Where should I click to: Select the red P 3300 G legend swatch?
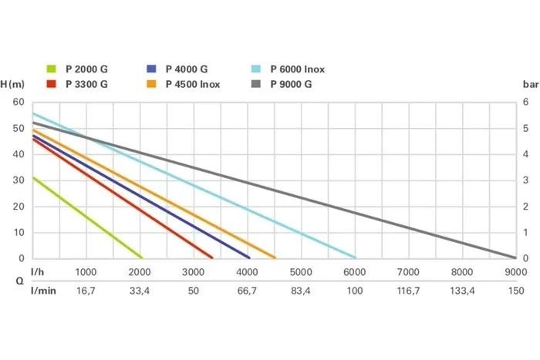click(52, 84)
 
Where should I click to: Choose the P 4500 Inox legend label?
click(194, 84)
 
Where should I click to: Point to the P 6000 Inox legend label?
click(298, 69)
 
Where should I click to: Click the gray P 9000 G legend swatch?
click(256, 84)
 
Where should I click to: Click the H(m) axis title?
click(15, 83)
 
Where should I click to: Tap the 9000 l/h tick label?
click(515, 272)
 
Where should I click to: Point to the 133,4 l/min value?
click(461, 291)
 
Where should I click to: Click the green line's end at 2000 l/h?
click(142, 257)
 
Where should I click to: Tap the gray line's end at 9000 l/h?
click(514, 257)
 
